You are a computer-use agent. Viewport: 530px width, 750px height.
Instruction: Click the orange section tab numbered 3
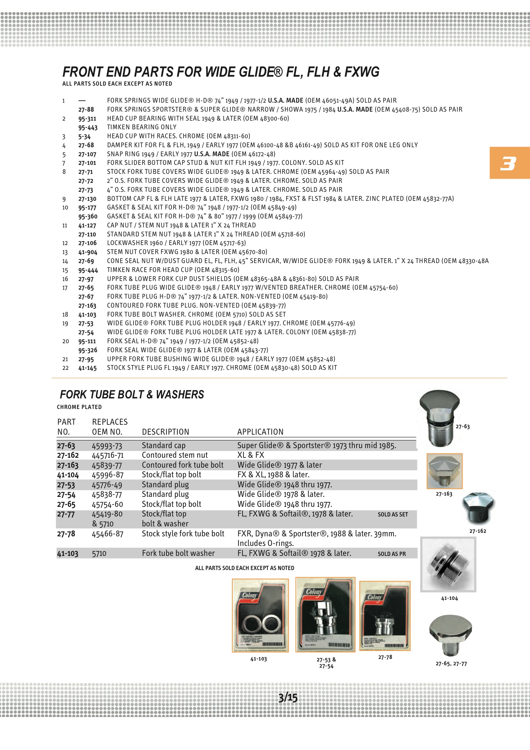tap(509, 163)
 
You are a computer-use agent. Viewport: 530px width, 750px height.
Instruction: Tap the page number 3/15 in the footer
tap(288, 697)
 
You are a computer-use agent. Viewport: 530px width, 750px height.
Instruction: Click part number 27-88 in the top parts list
tap(86, 109)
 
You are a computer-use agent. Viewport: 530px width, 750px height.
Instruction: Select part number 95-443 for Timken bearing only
tap(88, 127)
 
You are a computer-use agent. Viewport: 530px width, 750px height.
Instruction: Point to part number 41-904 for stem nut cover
tap(88, 252)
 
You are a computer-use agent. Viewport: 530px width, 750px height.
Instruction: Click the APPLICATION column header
tap(260, 432)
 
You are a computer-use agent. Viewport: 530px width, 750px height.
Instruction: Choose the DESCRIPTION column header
tap(165, 432)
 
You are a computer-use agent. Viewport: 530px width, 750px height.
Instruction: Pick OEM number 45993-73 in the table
tap(107, 446)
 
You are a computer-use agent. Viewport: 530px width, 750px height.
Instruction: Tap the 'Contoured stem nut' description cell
tap(175, 455)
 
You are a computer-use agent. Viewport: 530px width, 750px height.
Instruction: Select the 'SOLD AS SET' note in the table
tap(393, 515)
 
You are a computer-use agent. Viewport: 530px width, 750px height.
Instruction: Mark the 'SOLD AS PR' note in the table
tap(392, 554)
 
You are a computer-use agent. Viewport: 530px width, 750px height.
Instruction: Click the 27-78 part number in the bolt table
tap(66, 534)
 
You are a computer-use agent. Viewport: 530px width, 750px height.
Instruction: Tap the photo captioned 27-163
tap(444, 471)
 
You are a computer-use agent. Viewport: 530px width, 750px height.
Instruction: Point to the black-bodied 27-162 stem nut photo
tap(478, 508)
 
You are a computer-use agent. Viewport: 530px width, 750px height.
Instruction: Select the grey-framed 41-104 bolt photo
tap(448, 564)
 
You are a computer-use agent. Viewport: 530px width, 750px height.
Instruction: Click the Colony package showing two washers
tap(260, 615)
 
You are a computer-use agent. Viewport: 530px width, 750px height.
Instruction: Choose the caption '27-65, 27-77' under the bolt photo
tap(451, 664)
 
